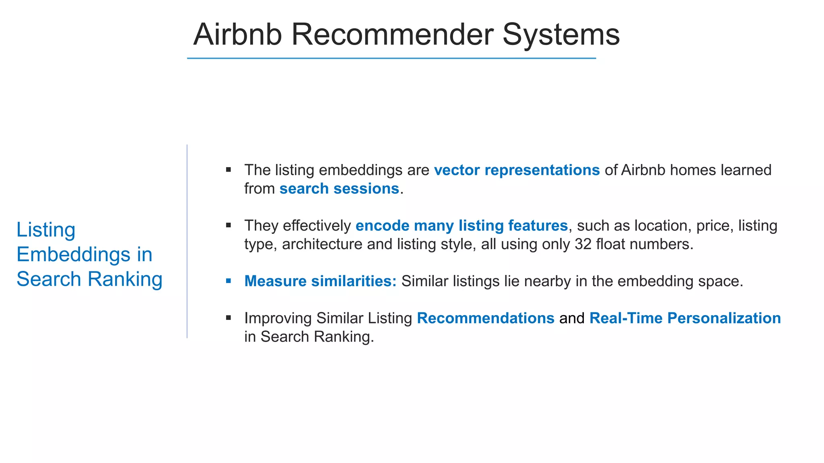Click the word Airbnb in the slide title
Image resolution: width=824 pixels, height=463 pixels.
click(237, 35)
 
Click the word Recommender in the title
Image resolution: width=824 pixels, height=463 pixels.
click(392, 35)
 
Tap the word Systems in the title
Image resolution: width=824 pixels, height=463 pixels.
click(561, 35)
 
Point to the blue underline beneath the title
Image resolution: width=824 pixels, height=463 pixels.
click(391, 58)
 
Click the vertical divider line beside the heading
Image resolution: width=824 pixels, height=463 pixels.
click(187, 241)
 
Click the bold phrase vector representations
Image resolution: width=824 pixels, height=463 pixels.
click(517, 170)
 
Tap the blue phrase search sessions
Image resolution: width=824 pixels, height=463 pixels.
click(339, 188)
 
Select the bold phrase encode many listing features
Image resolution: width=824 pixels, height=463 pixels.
click(461, 225)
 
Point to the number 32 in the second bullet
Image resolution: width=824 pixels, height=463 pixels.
click(583, 244)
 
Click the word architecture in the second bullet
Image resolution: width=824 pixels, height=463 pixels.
click(322, 244)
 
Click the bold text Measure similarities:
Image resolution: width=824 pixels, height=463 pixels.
click(320, 281)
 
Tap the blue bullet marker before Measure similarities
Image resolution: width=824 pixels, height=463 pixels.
click(229, 281)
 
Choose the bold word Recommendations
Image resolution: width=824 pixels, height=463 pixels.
click(485, 318)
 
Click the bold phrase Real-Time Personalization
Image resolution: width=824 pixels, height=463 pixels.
click(685, 318)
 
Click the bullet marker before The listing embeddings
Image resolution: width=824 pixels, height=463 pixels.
click(229, 170)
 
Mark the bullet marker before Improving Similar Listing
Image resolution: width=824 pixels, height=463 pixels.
click(229, 318)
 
